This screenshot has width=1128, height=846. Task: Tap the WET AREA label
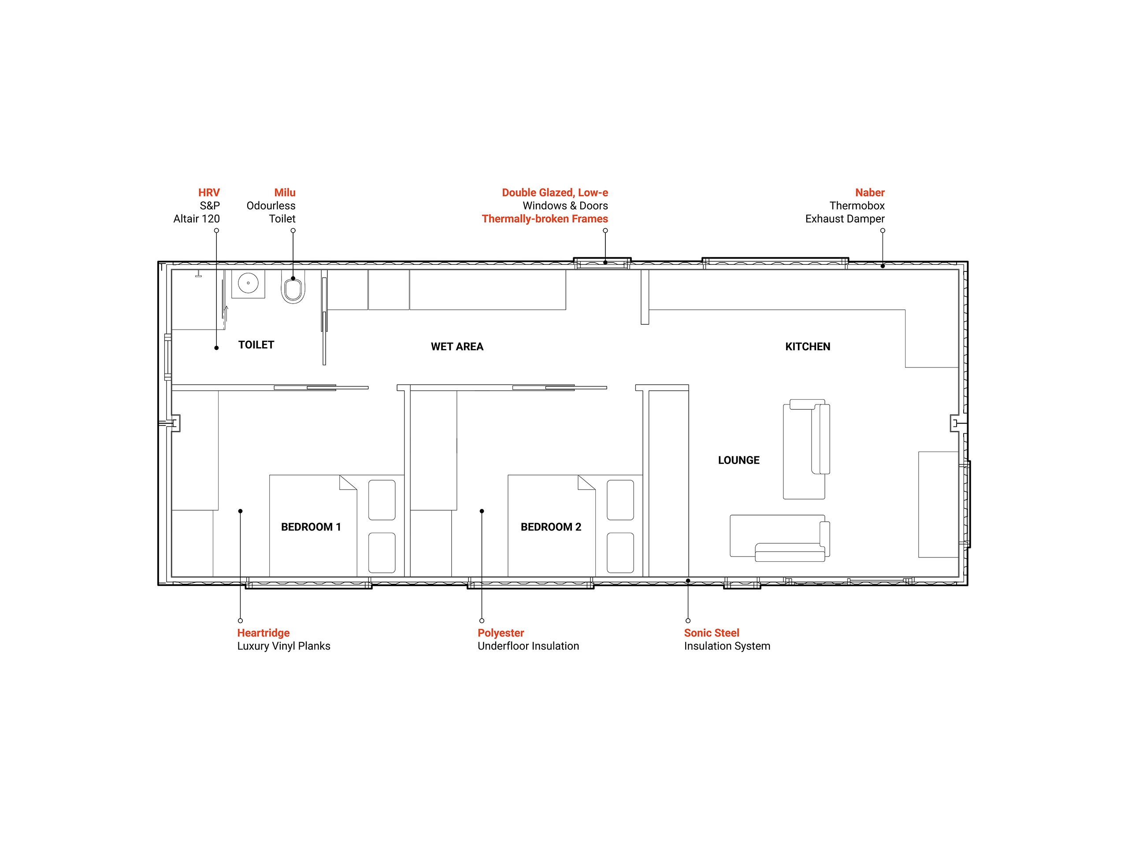click(457, 347)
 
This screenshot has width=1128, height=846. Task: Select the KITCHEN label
click(807, 347)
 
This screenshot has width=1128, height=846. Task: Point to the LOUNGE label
click(738, 460)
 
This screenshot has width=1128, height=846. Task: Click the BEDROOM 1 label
click(311, 527)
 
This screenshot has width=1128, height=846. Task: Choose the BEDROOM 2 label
click(551, 527)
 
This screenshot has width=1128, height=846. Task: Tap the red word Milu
click(285, 193)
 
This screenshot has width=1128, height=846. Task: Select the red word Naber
click(869, 193)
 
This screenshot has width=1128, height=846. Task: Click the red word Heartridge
click(263, 633)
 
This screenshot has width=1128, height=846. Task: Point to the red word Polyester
click(500, 633)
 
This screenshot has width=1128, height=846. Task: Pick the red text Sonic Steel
click(711, 633)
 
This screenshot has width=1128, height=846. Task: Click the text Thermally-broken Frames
click(545, 219)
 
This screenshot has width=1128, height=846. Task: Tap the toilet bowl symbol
click(293, 289)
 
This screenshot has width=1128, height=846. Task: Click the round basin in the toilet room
click(249, 283)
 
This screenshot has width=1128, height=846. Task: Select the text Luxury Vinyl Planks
click(283, 646)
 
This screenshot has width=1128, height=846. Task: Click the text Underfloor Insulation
click(528, 646)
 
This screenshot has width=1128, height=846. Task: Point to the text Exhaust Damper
click(845, 219)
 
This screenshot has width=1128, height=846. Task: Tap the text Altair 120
click(197, 219)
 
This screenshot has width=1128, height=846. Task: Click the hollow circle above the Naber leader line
click(883, 230)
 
